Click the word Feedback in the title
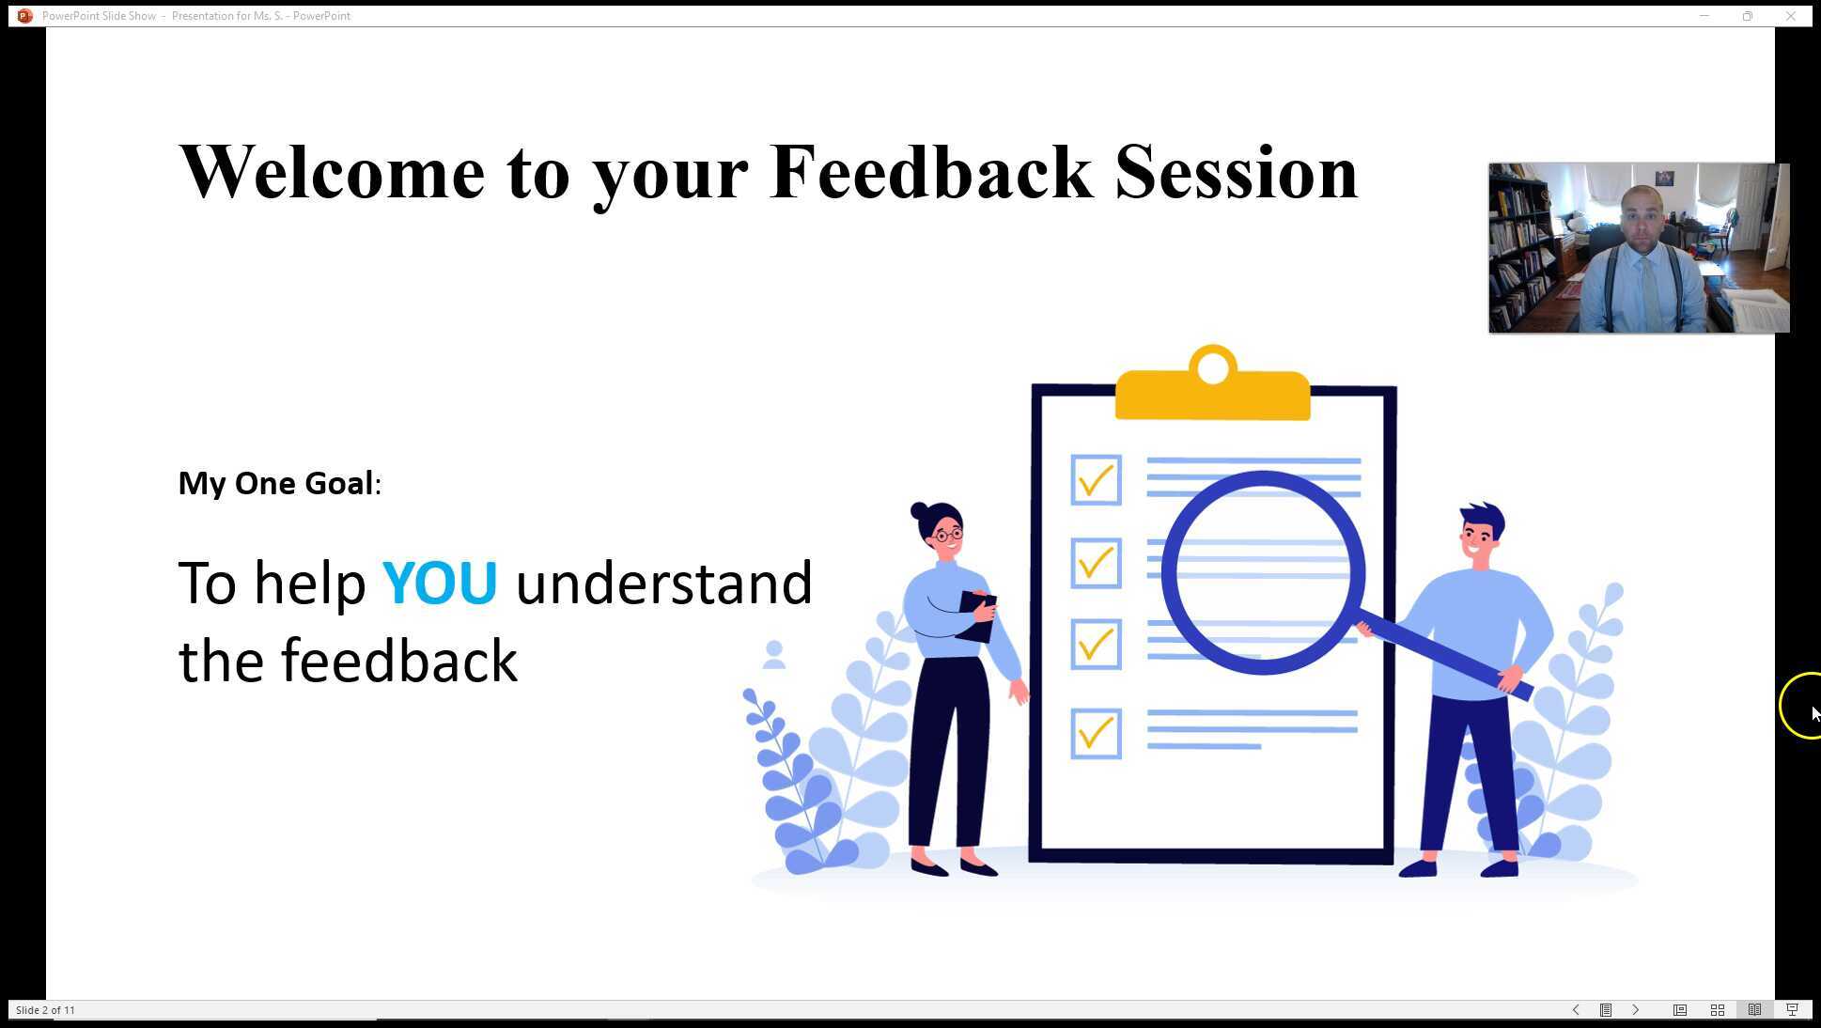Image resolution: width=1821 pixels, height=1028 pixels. [930, 173]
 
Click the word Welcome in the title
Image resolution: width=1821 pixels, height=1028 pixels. [332, 173]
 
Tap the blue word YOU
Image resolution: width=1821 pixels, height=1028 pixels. [439, 584]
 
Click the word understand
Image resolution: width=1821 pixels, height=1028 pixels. [663, 584]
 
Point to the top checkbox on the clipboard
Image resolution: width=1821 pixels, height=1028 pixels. [1096, 480]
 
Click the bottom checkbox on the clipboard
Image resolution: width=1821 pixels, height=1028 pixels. [1096, 733]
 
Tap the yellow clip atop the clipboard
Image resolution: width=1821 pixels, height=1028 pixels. [1212, 391]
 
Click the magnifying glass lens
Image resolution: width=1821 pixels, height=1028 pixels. [1262, 573]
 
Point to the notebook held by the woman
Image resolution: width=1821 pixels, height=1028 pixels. [977, 615]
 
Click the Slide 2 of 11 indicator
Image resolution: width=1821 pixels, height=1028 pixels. [45, 1010]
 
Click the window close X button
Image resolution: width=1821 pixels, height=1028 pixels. [1790, 16]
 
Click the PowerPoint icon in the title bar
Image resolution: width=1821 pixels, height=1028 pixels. [24, 16]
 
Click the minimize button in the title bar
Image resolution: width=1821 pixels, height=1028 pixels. [1704, 16]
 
